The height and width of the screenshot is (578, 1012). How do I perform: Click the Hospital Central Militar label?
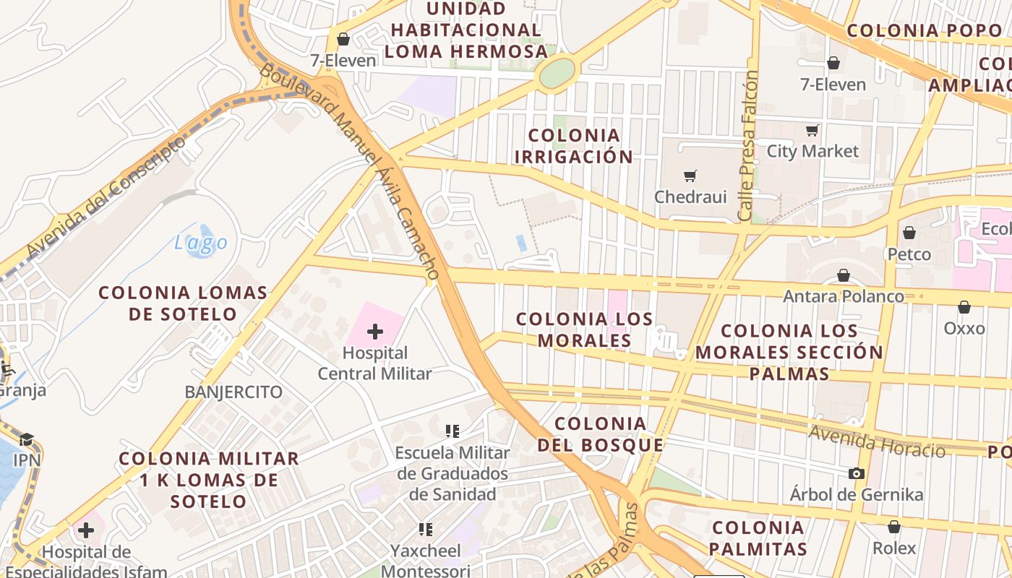pos(374,363)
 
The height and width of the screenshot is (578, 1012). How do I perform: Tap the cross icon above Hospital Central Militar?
pos(374,332)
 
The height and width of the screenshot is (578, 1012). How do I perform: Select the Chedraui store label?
pos(690,197)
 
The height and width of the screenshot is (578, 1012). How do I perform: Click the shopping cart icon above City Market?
pos(812,131)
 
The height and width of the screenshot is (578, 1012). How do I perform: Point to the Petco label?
pos(909,254)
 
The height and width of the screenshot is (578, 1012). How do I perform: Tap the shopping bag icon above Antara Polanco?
pos(843,275)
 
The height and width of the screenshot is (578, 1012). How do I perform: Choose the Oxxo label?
pos(964,329)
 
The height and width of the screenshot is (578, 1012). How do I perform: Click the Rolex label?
pos(893,548)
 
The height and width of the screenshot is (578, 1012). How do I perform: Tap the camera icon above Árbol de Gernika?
pos(856,473)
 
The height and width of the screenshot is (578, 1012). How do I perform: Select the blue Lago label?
pos(201,243)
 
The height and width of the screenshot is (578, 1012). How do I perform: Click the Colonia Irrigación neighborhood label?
pos(574,146)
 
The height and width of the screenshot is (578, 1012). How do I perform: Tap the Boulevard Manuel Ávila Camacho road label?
pos(350,171)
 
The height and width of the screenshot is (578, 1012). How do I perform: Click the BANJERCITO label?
pos(233,392)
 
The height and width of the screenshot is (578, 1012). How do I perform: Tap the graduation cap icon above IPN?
pos(26,439)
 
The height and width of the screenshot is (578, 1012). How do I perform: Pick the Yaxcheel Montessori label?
pos(425,560)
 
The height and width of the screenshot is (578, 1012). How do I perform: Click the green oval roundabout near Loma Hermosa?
pos(557,72)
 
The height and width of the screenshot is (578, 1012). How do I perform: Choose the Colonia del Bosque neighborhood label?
pos(600,434)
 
